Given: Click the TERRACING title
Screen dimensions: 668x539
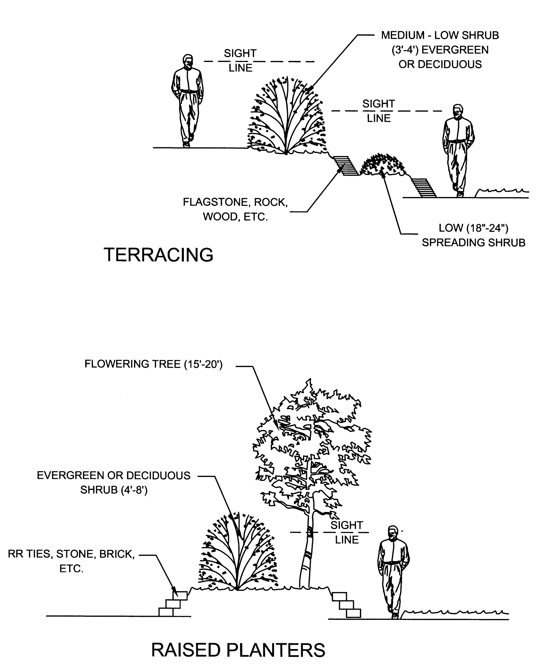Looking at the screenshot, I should [158, 255].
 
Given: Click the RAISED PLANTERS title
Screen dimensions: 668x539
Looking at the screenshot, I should [238, 650].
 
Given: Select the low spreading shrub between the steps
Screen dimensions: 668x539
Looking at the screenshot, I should [383, 165].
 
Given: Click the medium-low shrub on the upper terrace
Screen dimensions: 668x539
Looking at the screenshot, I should [287, 118].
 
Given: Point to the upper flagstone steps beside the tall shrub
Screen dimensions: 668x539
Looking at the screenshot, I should [345, 166].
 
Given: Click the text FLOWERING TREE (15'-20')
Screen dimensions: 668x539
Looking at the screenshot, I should [153, 364].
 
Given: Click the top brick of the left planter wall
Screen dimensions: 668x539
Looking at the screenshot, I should [180, 596].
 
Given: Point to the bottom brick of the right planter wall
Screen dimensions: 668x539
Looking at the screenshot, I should [353, 613].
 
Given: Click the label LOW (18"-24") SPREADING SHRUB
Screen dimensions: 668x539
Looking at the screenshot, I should [473, 235].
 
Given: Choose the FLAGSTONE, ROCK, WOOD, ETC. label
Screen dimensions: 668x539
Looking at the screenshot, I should [235, 209].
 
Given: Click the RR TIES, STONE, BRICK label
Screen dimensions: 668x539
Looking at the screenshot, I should [71, 554].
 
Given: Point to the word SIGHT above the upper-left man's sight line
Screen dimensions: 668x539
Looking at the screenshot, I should [240, 53].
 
